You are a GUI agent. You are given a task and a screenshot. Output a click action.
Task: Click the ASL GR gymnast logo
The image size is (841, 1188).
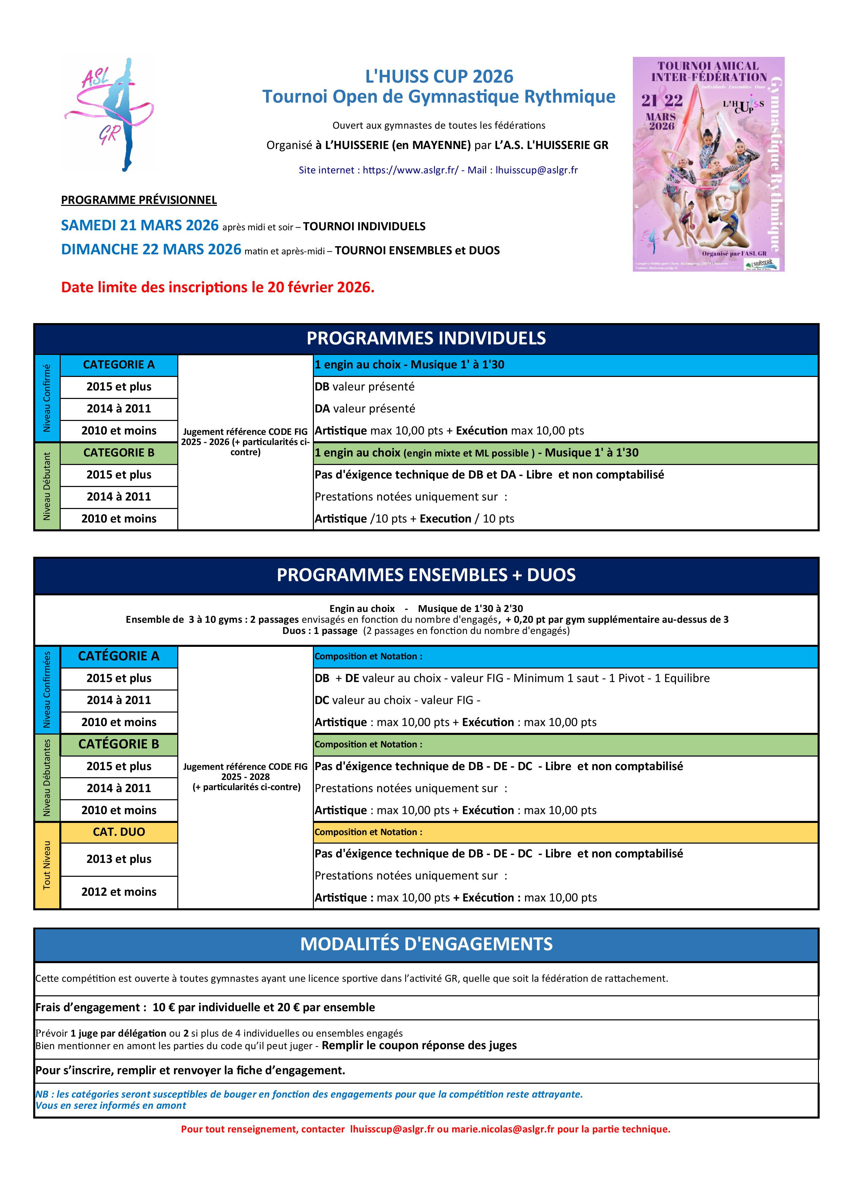pyautogui.click(x=110, y=114)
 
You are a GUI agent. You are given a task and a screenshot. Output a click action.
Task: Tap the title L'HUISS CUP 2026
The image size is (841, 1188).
pyautogui.click(x=439, y=77)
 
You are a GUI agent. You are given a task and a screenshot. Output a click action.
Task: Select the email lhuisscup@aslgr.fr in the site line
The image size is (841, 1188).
pyautogui.click(x=537, y=170)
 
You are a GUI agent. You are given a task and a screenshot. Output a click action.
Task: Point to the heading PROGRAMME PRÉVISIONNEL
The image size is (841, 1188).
pyautogui.click(x=139, y=200)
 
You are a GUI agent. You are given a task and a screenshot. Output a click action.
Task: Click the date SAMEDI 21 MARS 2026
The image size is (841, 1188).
pyautogui.click(x=140, y=226)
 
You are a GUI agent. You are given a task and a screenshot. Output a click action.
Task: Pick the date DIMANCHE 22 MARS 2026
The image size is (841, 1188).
pyautogui.click(x=151, y=249)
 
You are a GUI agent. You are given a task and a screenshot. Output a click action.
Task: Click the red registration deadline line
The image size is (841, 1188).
pyautogui.click(x=218, y=287)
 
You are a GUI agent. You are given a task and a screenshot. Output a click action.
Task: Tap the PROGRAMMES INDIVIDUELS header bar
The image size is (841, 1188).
pyautogui.click(x=426, y=338)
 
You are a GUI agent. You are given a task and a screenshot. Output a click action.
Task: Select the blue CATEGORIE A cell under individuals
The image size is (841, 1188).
pyautogui.click(x=119, y=365)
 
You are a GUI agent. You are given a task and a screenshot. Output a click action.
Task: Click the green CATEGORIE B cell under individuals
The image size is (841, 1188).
pyautogui.click(x=119, y=453)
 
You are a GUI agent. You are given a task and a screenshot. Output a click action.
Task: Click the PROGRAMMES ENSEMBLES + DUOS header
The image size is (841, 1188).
pyautogui.click(x=426, y=575)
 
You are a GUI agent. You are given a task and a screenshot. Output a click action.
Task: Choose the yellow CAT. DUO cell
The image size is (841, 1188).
pyautogui.click(x=119, y=832)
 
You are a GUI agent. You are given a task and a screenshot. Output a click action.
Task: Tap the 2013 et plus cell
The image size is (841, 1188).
pyautogui.click(x=119, y=859)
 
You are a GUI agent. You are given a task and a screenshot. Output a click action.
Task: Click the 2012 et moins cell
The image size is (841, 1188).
pyautogui.click(x=119, y=892)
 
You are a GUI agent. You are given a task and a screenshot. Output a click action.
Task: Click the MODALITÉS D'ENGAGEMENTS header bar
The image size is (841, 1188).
pyautogui.click(x=426, y=944)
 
